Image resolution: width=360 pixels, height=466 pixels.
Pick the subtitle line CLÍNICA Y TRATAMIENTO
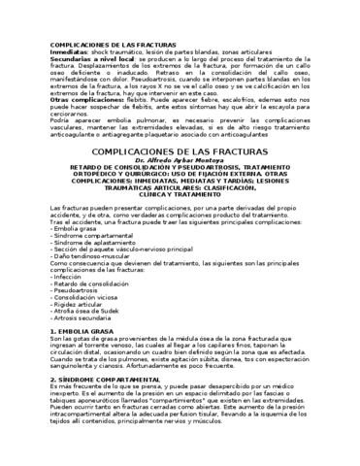180,196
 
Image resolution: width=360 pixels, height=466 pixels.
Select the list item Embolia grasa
74,228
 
